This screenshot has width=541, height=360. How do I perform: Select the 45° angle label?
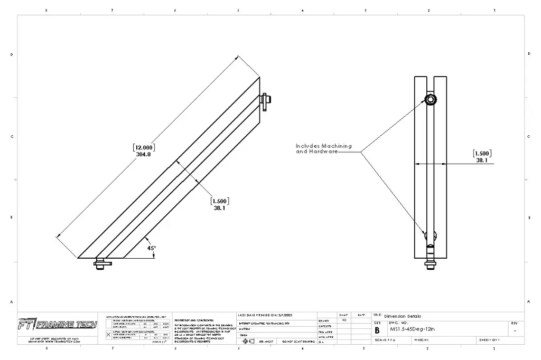[x=152, y=248]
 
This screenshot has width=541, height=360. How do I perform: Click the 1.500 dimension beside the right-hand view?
[x=482, y=157]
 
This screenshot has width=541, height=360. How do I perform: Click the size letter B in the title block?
[x=377, y=330]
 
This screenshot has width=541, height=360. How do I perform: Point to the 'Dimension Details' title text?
[x=403, y=316]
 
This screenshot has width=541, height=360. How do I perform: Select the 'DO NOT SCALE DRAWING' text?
[x=299, y=342]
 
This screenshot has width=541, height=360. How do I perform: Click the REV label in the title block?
[x=515, y=323]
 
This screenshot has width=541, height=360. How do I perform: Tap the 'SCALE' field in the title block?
[x=385, y=340]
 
